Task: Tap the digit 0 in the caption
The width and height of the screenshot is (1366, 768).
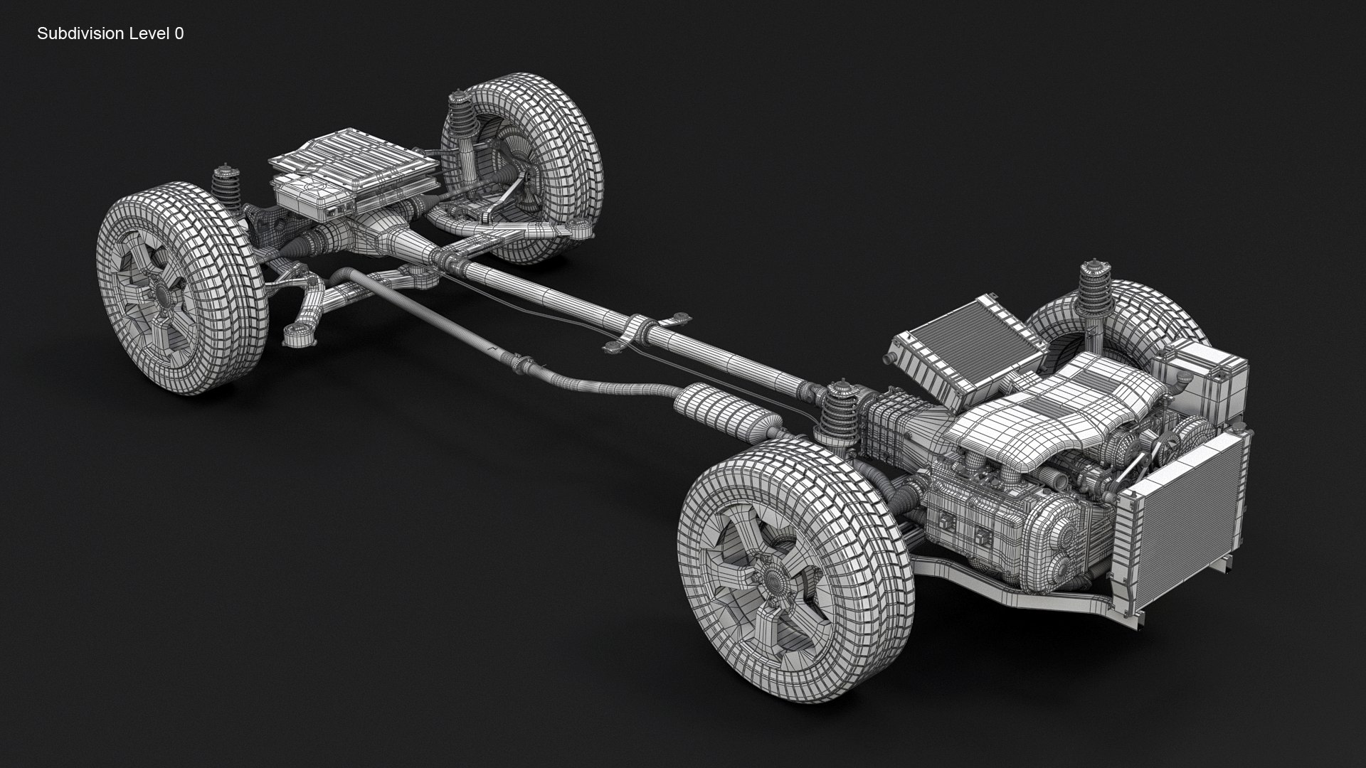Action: click(x=179, y=33)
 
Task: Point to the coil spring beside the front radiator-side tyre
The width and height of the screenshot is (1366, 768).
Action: click(x=1094, y=292)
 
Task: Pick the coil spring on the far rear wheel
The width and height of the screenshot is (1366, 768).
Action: click(x=466, y=121)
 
